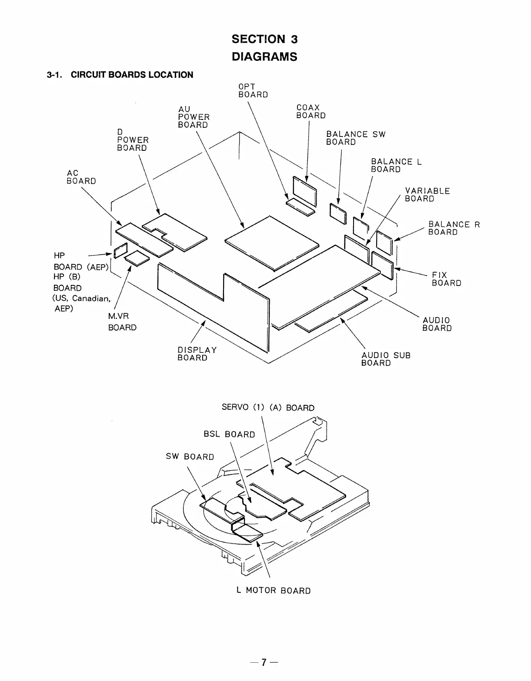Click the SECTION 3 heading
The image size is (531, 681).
(x=264, y=39)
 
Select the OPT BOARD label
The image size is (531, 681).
(x=253, y=90)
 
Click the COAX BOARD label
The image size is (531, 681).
(x=311, y=111)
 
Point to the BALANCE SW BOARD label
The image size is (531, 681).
(x=355, y=138)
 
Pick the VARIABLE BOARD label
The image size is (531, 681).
(x=427, y=195)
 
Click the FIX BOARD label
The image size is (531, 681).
(x=446, y=279)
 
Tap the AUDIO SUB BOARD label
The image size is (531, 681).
(x=385, y=359)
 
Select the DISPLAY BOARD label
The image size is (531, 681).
(x=197, y=354)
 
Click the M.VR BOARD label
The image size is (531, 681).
(x=122, y=322)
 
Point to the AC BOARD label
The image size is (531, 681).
(x=81, y=177)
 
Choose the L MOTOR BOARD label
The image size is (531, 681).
(x=274, y=590)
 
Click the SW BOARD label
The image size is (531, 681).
(x=190, y=456)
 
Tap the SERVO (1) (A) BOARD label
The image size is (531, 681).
(x=268, y=408)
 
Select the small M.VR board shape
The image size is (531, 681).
(x=137, y=259)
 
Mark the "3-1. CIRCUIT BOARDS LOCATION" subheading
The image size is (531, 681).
(x=120, y=75)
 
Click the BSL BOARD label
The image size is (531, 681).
(x=229, y=434)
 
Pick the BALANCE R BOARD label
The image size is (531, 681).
(x=454, y=228)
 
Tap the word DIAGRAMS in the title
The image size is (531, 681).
(x=264, y=57)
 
